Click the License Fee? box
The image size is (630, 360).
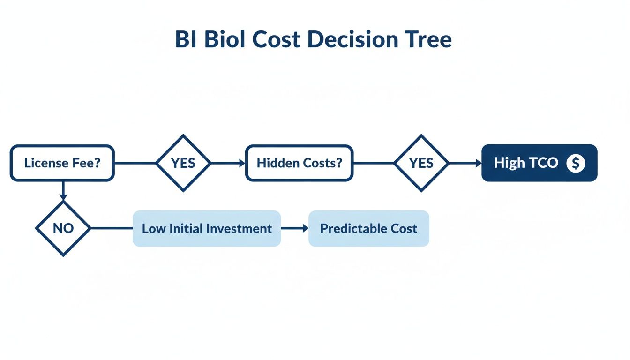[x=62, y=163]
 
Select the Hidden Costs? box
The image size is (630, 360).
[x=299, y=163]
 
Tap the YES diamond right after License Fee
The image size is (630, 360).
[x=183, y=163]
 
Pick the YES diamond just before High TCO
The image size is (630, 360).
[x=421, y=163]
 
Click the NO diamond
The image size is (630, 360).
[x=63, y=228]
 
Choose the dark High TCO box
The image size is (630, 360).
[x=539, y=163]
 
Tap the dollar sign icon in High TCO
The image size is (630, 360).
[x=576, y=163]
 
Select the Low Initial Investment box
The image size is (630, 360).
[x=207, y=228]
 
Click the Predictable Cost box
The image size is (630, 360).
[x=368, y=228]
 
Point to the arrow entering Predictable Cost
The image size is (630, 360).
[x=295, y=228]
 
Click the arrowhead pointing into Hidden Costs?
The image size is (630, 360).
[x=241, y=163]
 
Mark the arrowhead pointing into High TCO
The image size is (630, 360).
[x=478, y=163]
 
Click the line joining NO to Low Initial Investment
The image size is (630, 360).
[x=112, y=228]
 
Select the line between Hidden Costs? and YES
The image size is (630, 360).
[x=374, y=163]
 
